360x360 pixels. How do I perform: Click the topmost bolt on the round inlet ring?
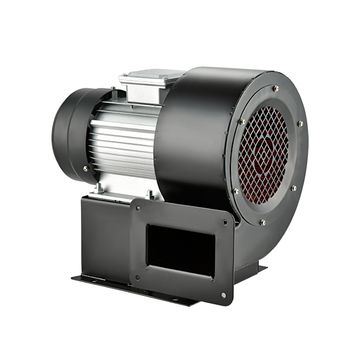[275, 88]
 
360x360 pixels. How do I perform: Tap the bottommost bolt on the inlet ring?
[263, 222]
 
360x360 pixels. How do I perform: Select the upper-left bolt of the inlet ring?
[242, 122]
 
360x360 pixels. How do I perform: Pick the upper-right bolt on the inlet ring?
[300, 124]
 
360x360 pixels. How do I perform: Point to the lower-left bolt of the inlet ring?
[236, 191]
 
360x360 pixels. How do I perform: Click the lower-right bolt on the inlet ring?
[293, 188]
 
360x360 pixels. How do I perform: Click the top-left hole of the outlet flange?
[139, 209]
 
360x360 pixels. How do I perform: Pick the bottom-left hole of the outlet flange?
[137, 277]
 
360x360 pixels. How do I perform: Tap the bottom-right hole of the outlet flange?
[223, 295]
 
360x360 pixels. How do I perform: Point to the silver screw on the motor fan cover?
[85, 169]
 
